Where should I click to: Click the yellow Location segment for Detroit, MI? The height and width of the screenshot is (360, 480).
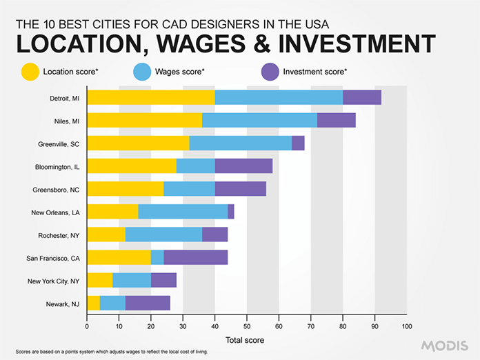[x=150, y=97]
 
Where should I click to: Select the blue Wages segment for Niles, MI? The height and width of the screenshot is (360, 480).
[x=259, y=121]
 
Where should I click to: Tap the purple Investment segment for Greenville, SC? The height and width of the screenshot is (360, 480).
[x=298, y=143]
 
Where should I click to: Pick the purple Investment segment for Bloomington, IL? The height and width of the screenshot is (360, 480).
[x=243, y=166]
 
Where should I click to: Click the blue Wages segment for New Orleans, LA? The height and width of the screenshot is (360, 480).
[x=183, y=212]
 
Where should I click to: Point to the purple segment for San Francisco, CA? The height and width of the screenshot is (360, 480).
[x=196, y=257]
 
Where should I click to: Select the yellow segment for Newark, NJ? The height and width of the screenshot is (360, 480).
[x=93, y=303]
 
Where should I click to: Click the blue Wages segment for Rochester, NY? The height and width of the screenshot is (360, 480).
[x=163, y=234]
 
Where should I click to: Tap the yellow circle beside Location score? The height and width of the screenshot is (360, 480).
[x=30, y=71]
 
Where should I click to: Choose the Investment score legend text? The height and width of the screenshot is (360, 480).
[x=315, y=71]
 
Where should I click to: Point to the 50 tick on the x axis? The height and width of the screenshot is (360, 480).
[x=247, y=326]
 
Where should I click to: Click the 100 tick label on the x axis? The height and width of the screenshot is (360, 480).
[x=407, y=326]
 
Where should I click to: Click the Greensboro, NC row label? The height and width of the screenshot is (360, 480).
[x=56, y=190]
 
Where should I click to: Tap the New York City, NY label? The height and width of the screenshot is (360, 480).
[x=52, y=281]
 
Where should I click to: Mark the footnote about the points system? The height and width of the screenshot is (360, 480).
[x=111, y=352]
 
